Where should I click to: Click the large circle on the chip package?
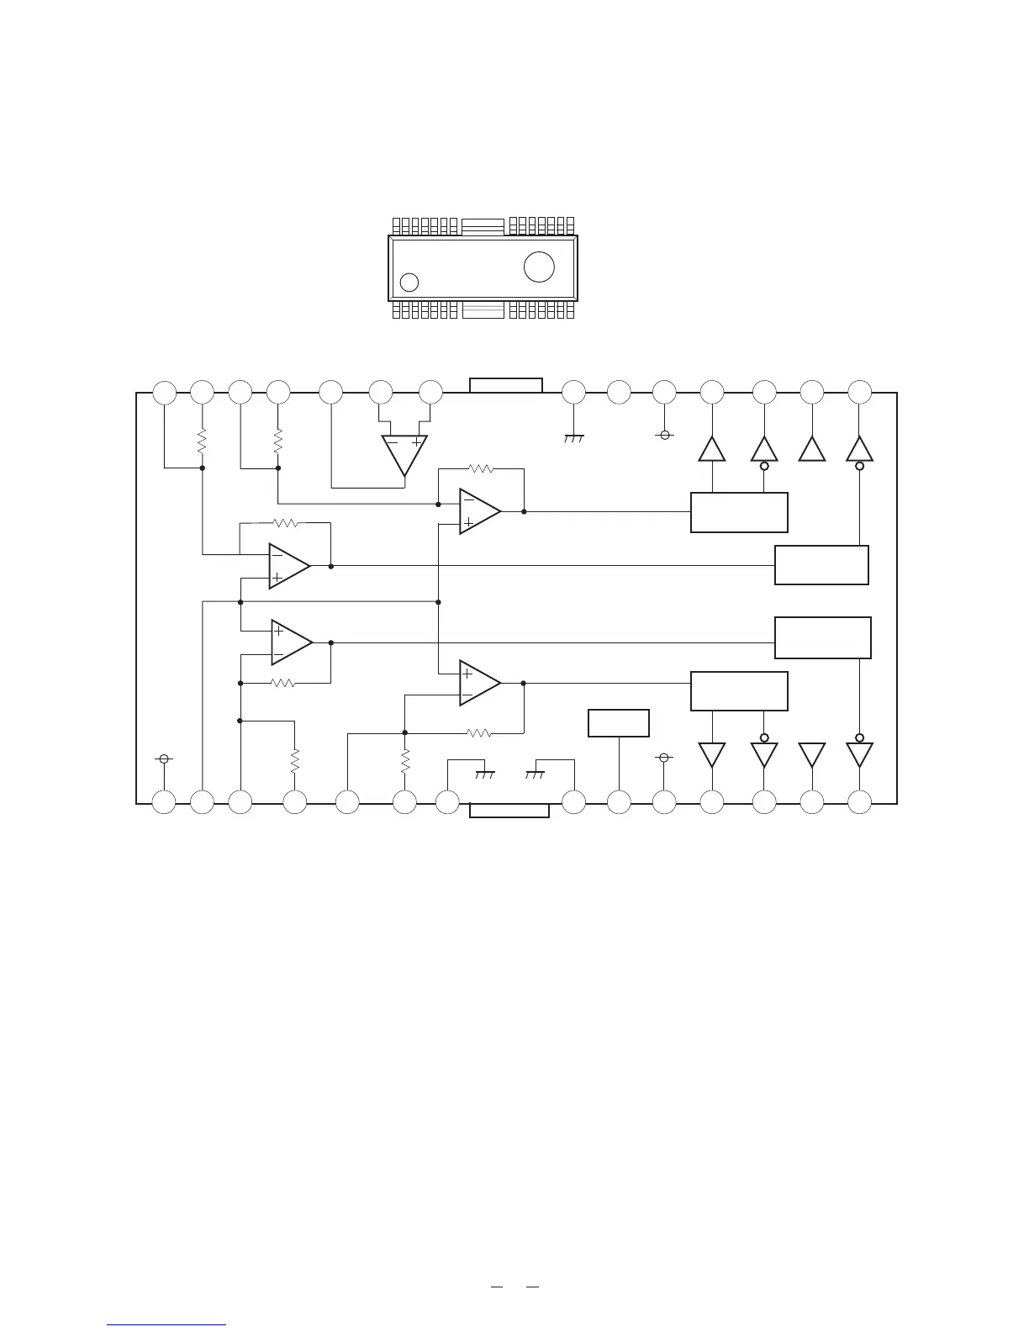point(539,267)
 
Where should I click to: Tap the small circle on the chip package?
point(409,282)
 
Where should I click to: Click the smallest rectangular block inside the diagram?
point(619,723)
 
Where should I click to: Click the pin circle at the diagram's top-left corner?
point(165,392)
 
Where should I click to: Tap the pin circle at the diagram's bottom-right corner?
point(859,802)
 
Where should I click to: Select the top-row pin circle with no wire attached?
point(619,392)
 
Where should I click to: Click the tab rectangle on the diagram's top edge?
point(506,385)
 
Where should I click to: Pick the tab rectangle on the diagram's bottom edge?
point(509,810)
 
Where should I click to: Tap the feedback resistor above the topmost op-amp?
point(480,468)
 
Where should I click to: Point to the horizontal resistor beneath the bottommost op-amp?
point(479,733)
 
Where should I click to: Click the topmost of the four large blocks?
point(739,512)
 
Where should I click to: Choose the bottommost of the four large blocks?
point(739,691)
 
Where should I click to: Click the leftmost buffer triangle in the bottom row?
point(712,754)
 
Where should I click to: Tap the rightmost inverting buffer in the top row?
point(859,450)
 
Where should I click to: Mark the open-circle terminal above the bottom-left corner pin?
point(165,758)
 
